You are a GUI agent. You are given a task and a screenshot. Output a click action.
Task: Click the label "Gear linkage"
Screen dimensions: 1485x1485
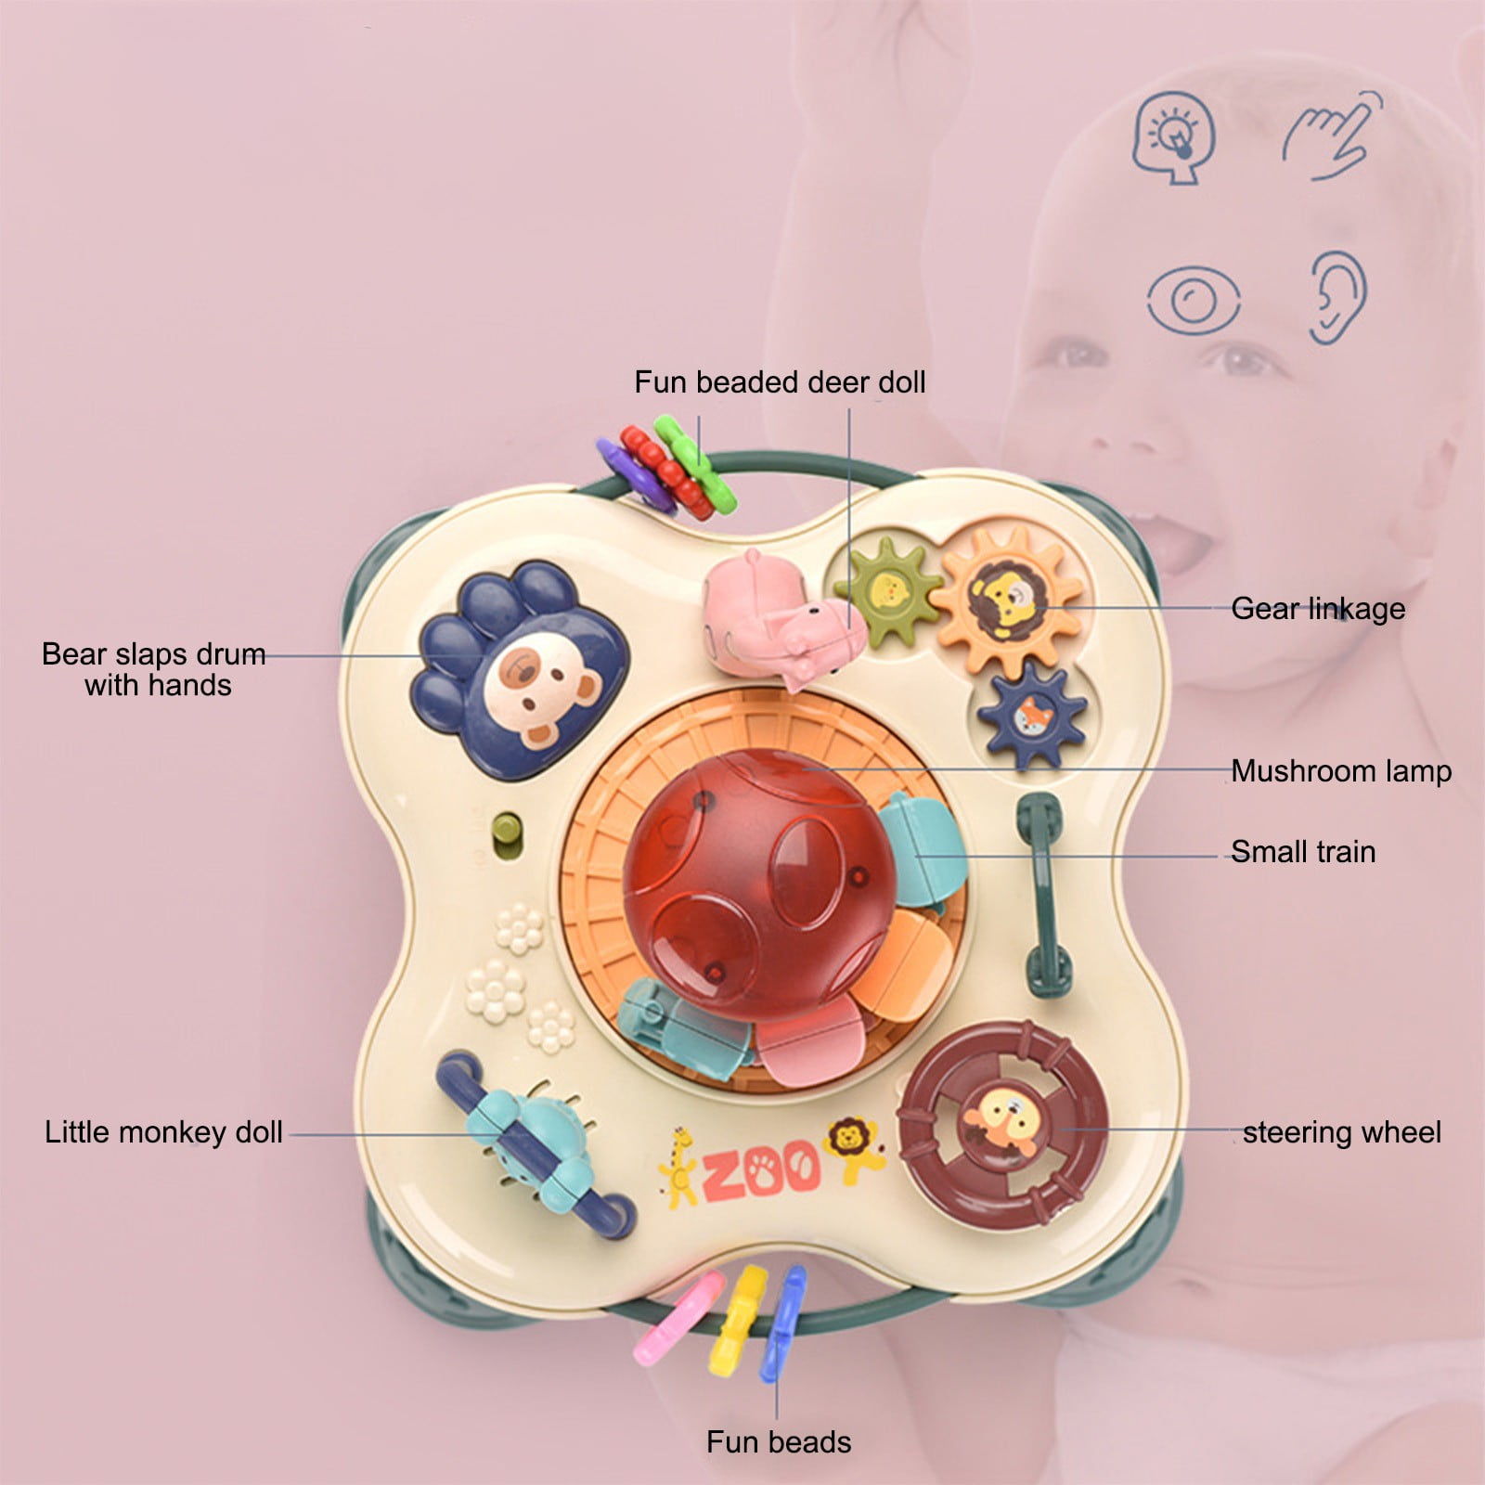point(1318,609)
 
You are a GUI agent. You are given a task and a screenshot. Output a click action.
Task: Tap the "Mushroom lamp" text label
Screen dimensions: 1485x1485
point(1341,770)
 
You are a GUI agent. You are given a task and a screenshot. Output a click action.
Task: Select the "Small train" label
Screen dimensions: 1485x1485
point(1303,851)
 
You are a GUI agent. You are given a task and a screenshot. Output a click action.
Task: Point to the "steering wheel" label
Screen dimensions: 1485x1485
point(1342,1132)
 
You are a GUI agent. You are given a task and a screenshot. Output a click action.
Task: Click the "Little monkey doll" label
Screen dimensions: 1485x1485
point(163,1132)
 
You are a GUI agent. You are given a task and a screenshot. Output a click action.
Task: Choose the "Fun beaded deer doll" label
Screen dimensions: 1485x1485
point(780,381)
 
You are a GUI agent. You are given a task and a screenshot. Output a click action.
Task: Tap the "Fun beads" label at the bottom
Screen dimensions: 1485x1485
point(779,1441)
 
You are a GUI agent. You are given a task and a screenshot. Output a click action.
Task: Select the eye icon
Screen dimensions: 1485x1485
point(1193,299)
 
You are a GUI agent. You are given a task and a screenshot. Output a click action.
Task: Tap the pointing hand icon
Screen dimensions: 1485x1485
point(1332,135)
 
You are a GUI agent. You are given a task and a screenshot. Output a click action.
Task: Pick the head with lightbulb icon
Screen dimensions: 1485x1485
point(1174,137)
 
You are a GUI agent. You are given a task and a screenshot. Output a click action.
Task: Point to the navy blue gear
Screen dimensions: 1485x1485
point(1031,716)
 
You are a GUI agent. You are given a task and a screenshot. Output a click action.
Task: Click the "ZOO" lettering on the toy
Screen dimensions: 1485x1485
point(761,1169)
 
